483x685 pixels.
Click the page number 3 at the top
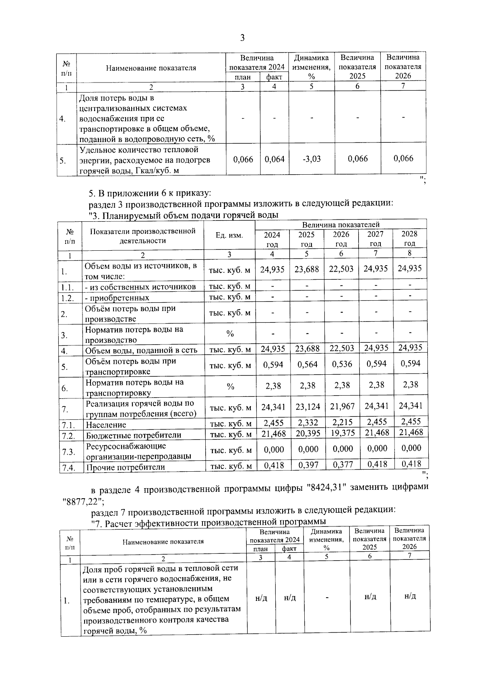242,38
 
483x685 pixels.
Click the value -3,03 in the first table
312,159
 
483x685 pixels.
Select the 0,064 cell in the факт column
275,159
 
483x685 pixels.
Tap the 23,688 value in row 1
307,269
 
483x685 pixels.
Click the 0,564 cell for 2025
307,365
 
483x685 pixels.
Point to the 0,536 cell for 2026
342,364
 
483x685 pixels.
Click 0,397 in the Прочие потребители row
308,465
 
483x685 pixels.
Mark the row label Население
106,425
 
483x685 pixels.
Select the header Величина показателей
341,225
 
